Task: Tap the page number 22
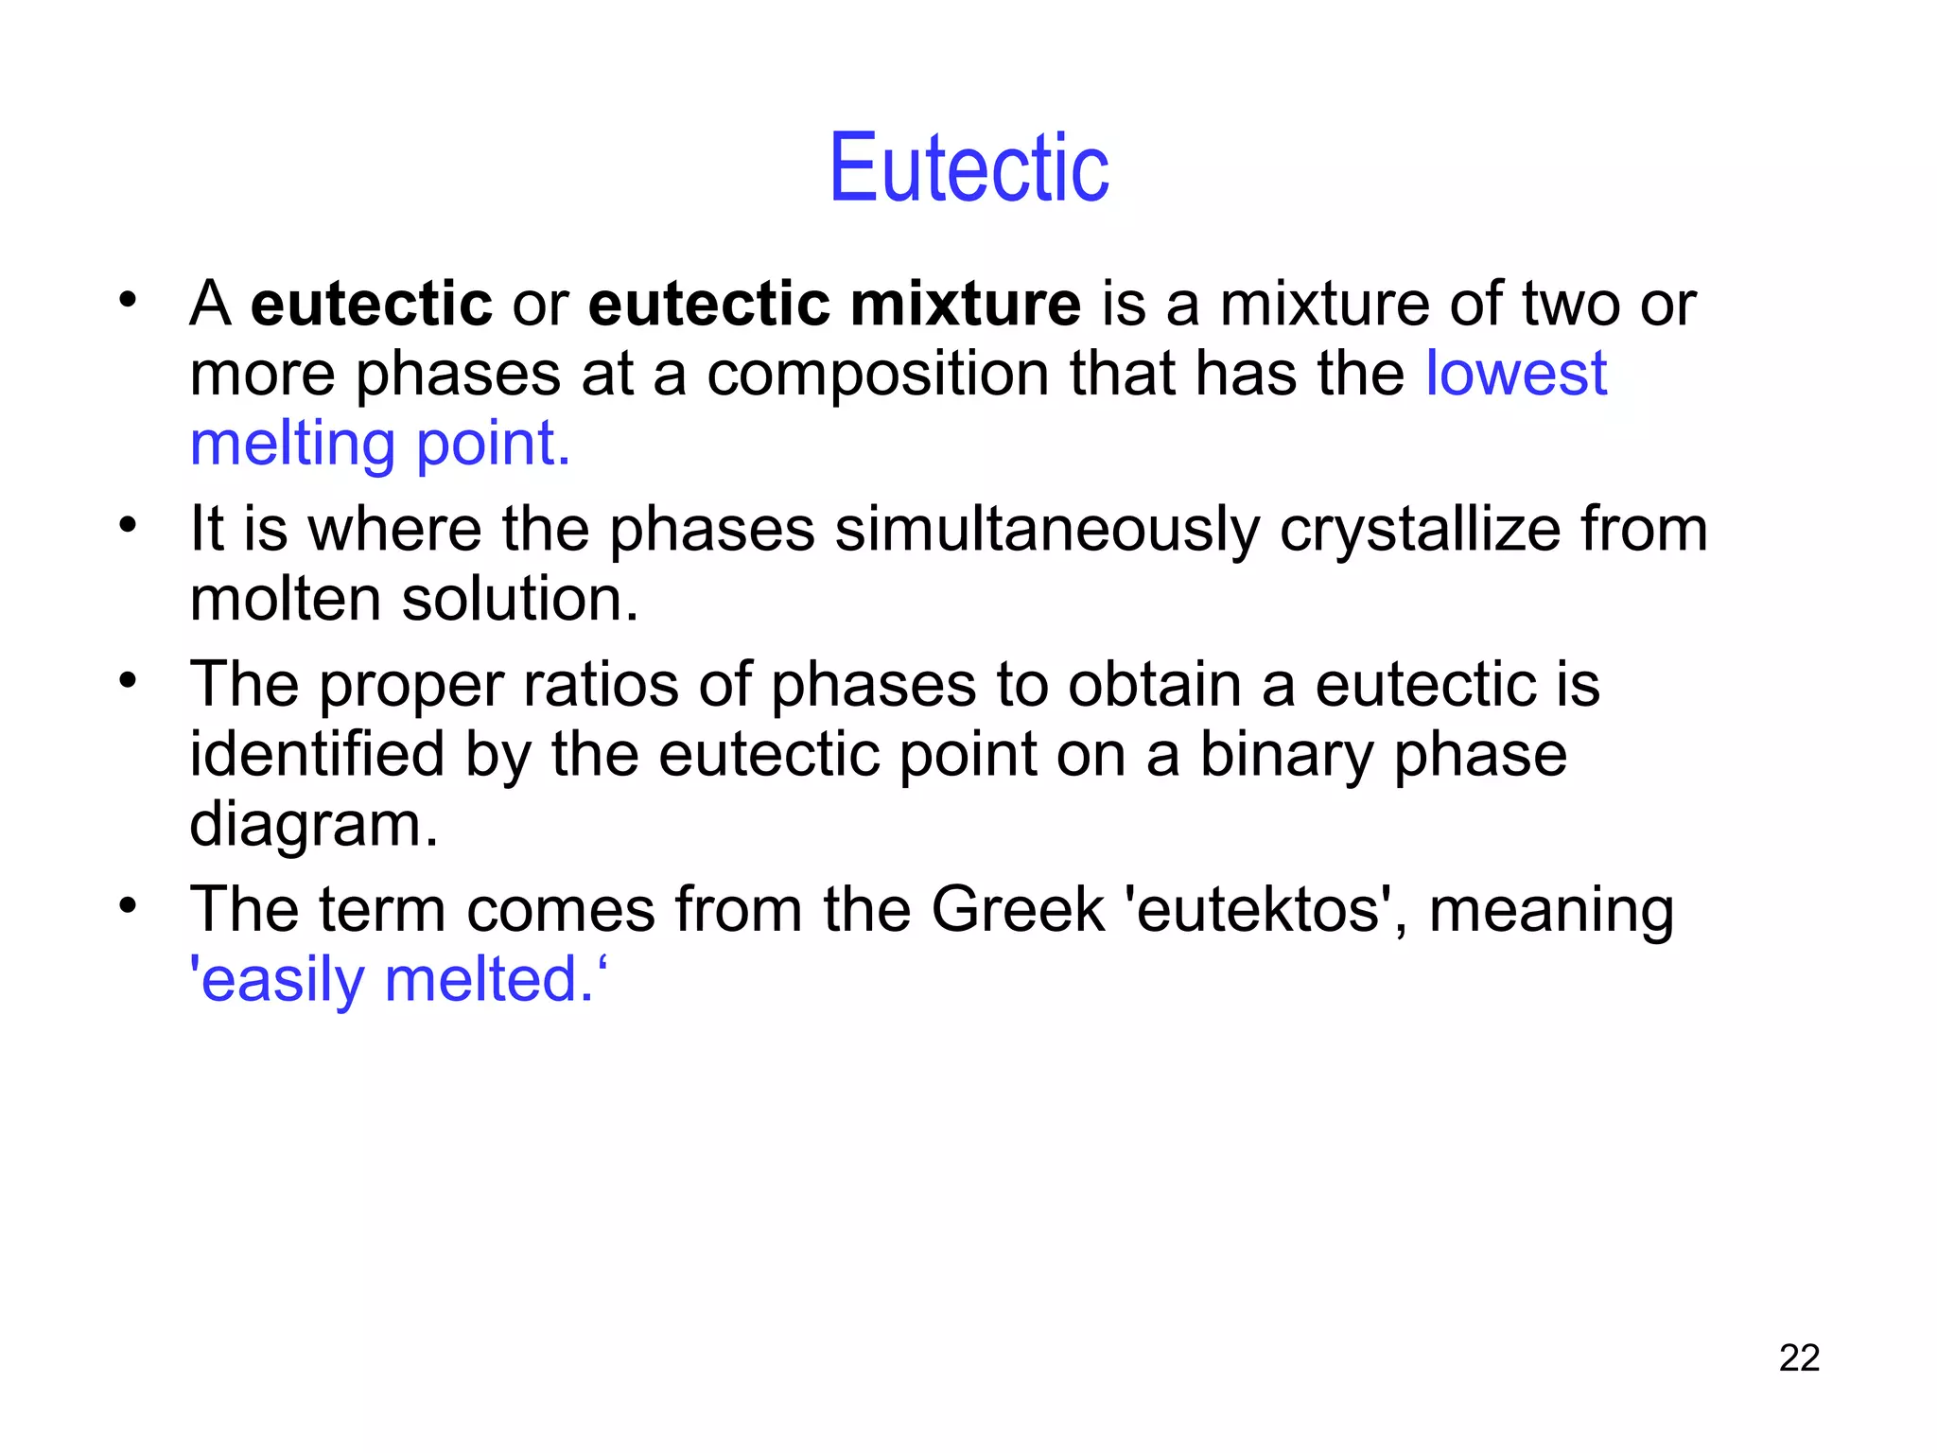pos(1799,1357)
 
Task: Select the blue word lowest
pos(1515,373)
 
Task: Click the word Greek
pos(1018,909)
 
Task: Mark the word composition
pos(878,374)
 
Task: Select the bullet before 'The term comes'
pos(128,905)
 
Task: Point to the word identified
pos(317,754)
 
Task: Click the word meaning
pos(1551,911)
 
